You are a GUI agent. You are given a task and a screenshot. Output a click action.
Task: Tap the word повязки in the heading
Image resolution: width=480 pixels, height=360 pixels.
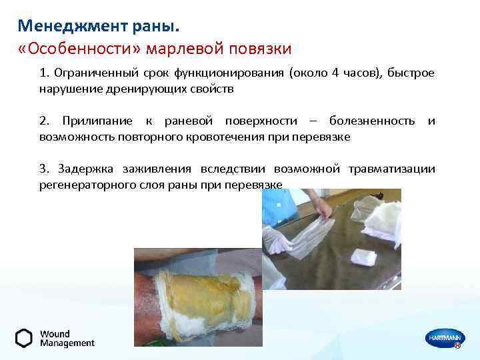click(258, 49)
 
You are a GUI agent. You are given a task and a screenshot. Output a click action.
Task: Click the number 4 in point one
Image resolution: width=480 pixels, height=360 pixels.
click(334, 73)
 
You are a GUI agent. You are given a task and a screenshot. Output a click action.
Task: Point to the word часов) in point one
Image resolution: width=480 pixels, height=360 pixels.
click(361, 73)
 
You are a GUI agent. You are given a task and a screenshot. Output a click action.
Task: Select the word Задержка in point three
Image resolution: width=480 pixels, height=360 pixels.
click(82, 169)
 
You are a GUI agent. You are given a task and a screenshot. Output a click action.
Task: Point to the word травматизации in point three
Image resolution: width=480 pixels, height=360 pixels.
click(393, 169)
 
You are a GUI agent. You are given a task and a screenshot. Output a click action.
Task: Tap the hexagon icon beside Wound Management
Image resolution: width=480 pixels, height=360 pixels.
click(24, 338)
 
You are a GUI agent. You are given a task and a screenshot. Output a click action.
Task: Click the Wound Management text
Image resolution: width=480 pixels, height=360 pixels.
click(67, 339)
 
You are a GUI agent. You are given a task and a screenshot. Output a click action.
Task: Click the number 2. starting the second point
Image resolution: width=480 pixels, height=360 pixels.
click(43, 121)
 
